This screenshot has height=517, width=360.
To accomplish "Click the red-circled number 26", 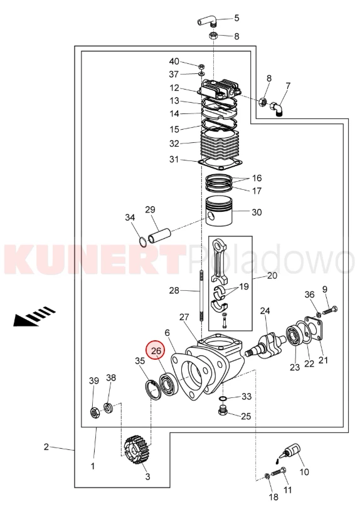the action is click(156, 351).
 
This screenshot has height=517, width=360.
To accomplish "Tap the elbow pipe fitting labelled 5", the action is click(207, 22).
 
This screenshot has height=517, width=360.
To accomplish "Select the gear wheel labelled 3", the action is click(135, 450).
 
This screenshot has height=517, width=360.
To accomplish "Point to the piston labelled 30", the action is click(219, 211).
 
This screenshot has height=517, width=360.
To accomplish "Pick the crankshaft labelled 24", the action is click(266, 346).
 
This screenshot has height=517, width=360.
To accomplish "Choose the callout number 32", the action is click(174, 144).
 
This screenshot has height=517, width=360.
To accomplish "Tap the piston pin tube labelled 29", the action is click(161, 236).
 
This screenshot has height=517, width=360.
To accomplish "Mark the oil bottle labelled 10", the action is click(290, 452).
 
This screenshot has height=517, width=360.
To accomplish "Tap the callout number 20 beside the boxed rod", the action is click(272, 275).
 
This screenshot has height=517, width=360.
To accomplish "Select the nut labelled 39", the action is click(95, 413).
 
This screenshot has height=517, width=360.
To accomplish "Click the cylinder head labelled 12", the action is click(219, 88).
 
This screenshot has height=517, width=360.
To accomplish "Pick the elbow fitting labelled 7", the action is click(277, 110).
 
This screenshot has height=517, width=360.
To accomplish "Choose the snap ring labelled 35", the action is click(153, 389).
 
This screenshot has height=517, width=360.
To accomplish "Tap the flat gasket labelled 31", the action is click(220, 163).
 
